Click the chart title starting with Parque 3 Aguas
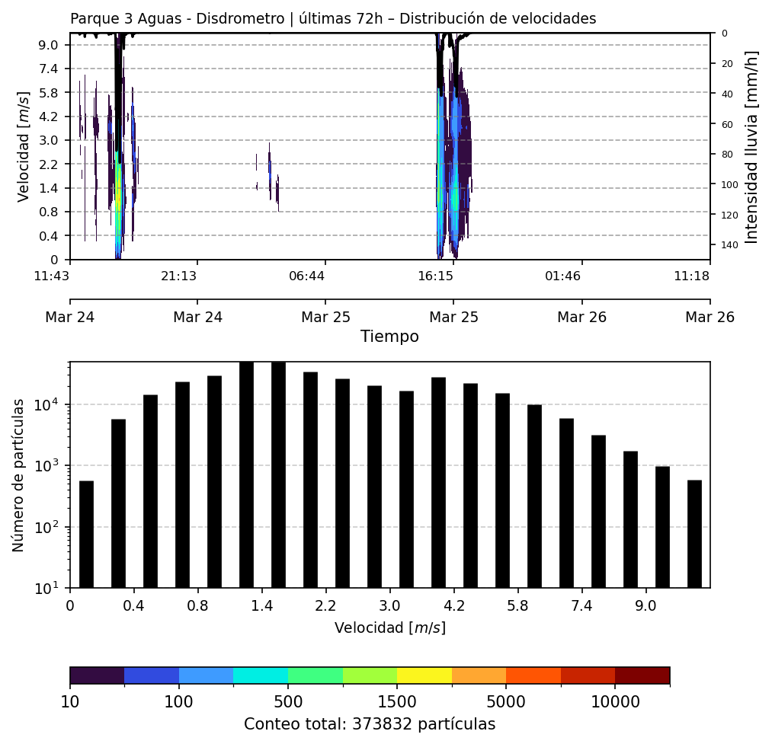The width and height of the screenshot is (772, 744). point(333,19)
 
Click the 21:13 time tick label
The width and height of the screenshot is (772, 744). point(179,276)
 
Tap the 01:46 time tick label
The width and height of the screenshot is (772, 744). point(563,276)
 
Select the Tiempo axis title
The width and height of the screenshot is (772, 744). point(389,337)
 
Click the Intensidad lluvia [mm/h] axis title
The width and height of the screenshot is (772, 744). point(752,146)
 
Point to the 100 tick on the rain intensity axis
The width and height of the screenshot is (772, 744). point(727,184)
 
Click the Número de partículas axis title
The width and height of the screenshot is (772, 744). point(19,474)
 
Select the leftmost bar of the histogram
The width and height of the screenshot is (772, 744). point(86,534)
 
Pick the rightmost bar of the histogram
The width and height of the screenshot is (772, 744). point(694,533)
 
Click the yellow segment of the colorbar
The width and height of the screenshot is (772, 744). point(424,675)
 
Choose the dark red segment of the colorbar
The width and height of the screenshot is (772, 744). point(642,675)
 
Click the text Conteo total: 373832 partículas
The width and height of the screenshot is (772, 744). point(370,724)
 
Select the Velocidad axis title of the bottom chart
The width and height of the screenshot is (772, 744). point(389,628)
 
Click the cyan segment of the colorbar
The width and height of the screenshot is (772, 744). point(261,675)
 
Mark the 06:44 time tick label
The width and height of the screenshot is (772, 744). point(307,276)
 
